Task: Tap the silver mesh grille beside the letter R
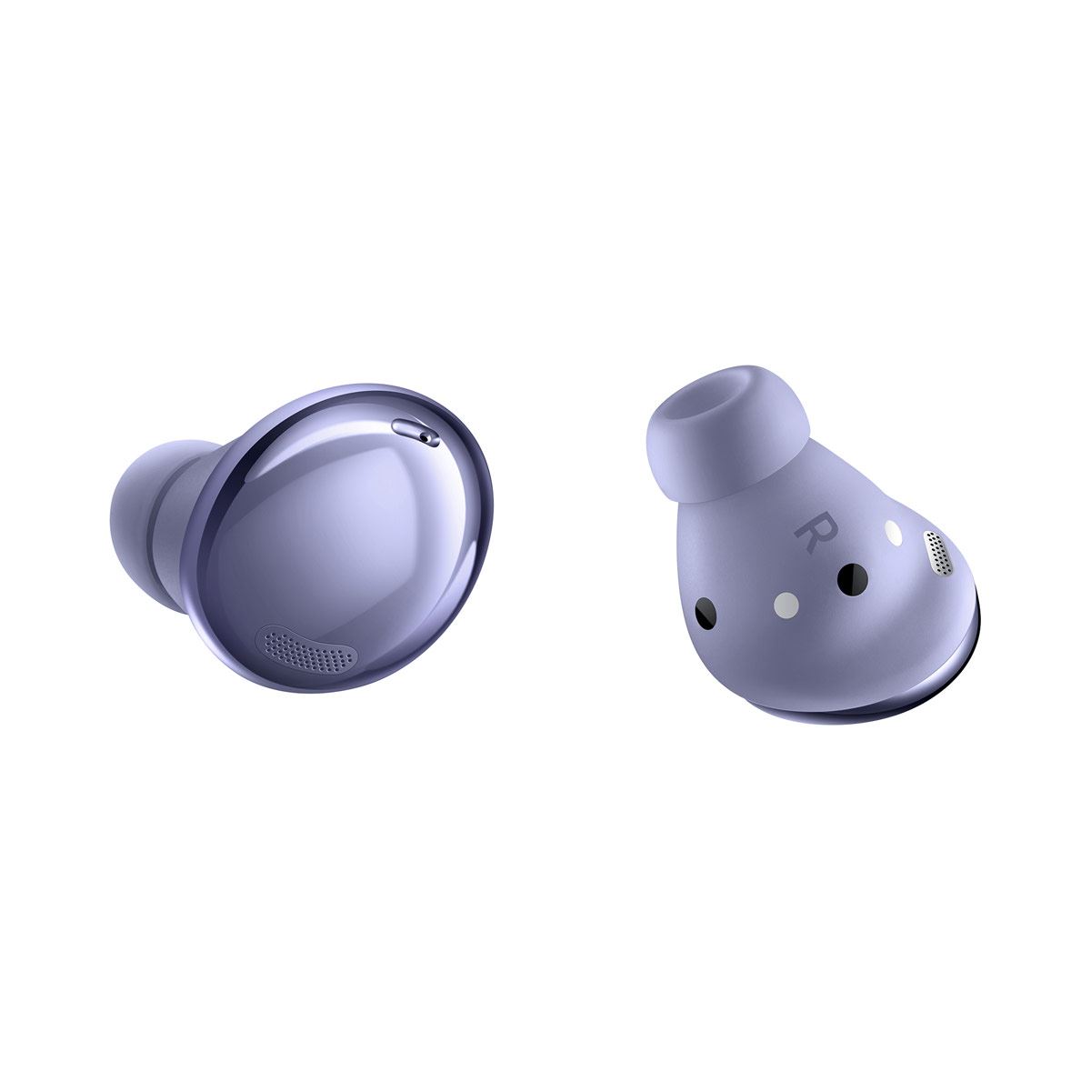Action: pyautogui.click(x=938, y=554)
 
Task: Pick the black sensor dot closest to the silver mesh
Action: pyautogui.click(x=853, y=576)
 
